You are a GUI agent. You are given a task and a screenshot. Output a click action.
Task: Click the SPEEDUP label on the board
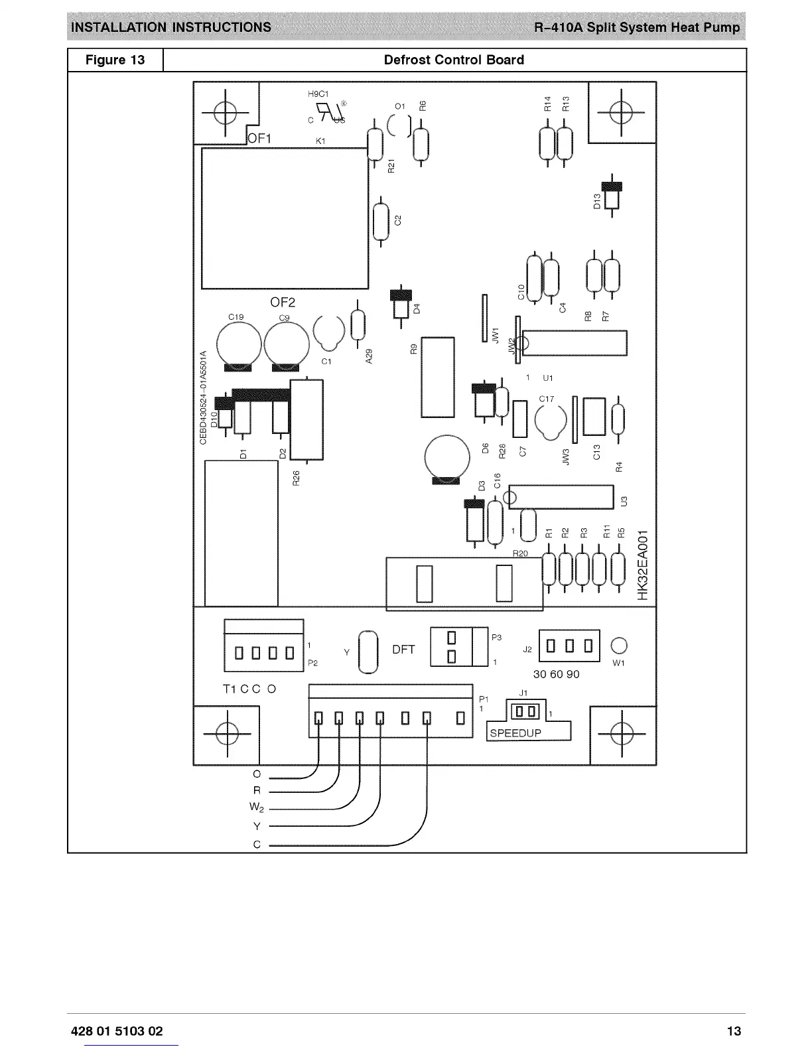515,733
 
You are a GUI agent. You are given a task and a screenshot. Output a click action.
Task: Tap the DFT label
403,650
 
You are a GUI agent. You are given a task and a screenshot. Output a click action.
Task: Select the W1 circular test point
618,646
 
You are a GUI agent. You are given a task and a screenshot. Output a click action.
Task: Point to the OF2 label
283,303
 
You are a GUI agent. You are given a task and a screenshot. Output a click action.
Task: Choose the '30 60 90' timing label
556,674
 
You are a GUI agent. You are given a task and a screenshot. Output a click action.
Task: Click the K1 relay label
320,141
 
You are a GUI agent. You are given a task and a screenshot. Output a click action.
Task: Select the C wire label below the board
257,845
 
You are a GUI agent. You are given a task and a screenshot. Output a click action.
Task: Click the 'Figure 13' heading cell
115,60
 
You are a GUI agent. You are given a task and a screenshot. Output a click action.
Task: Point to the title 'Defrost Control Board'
454,60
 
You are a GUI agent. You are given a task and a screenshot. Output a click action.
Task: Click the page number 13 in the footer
734,1031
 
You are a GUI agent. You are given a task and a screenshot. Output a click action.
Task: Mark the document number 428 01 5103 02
117,1031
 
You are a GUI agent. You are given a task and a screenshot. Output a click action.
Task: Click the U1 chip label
548,378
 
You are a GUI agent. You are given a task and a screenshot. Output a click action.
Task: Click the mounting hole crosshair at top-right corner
622,111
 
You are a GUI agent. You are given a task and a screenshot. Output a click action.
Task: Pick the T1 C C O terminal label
249,689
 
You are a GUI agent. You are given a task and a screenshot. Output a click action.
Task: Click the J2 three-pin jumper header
569,646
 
